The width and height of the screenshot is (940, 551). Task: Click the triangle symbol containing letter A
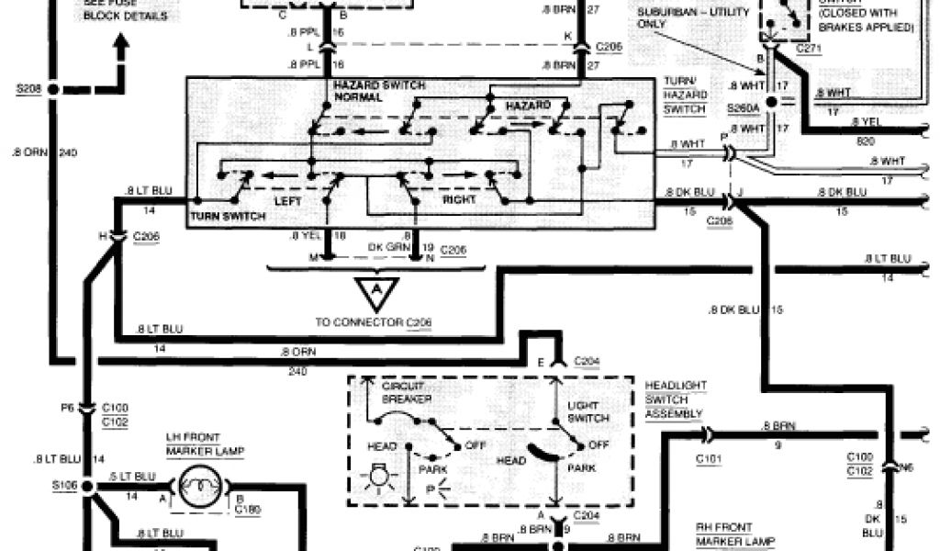click(375, 291)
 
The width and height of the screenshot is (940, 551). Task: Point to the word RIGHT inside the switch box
click(460, 198)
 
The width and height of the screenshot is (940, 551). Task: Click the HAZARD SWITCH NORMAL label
click(378, 90)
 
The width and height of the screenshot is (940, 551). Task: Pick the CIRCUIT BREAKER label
click(403, 393)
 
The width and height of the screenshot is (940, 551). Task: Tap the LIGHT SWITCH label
click(588, 411)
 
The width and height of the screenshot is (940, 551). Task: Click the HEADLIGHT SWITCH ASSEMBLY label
click(676, 399)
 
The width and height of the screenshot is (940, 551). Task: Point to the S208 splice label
click(29, 88)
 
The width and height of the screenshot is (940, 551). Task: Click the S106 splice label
click(64, 483)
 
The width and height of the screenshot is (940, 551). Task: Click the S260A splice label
click(743, 108)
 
